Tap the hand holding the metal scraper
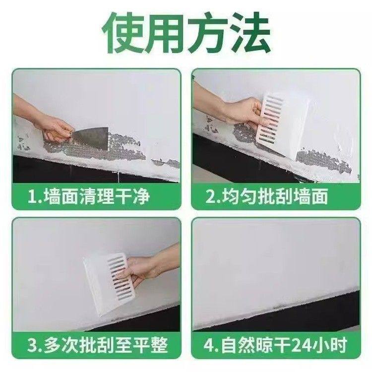tap(50, 124)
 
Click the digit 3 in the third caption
tap(31, 343)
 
